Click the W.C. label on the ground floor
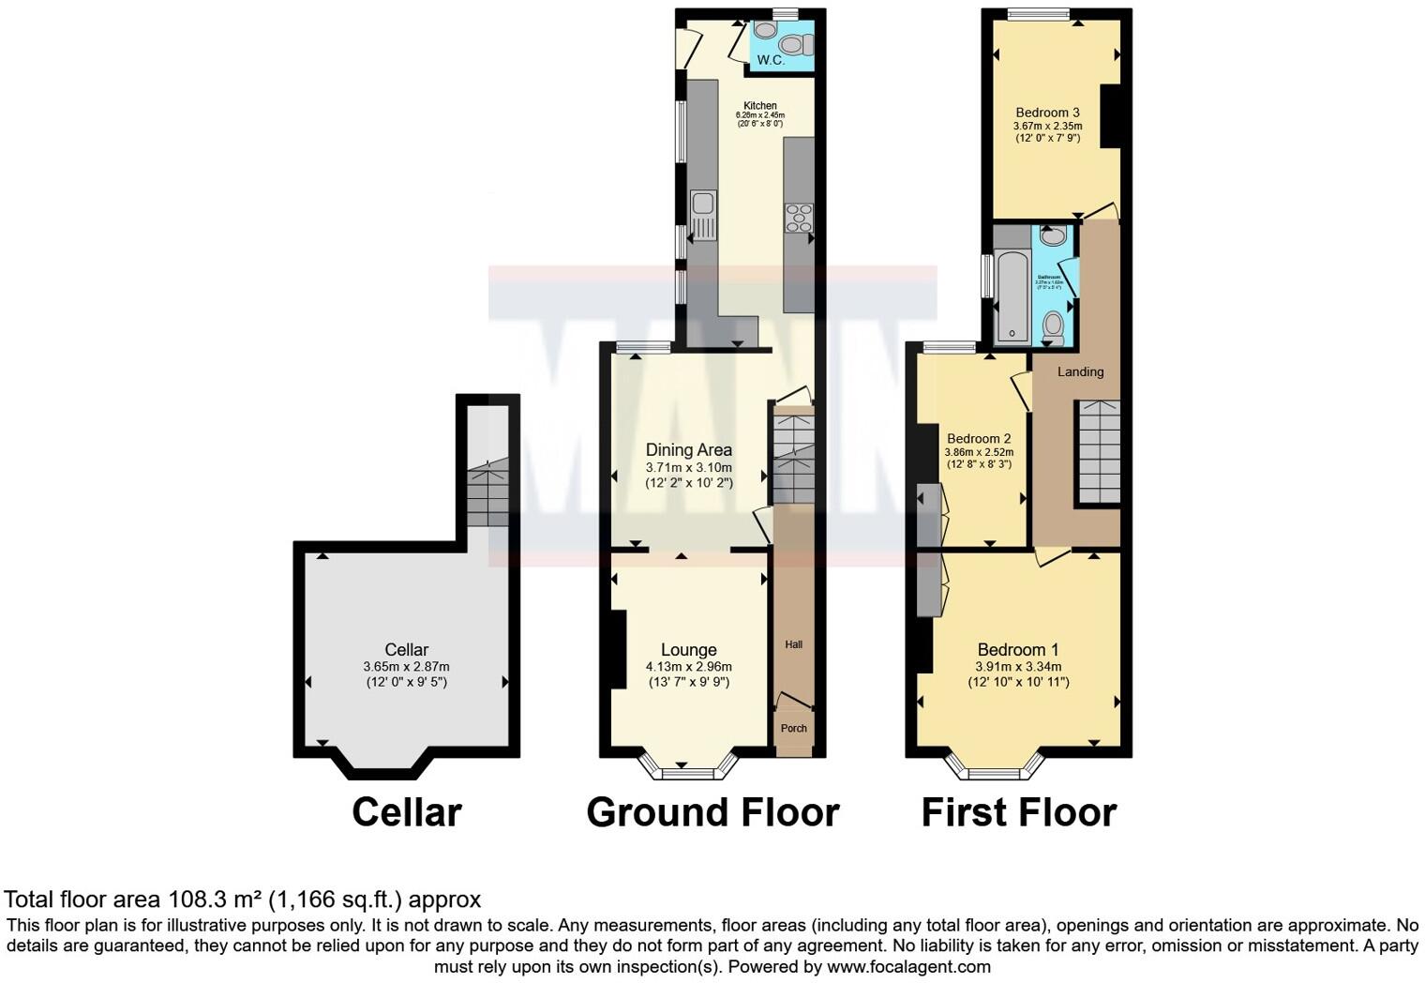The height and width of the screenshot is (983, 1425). pyautogui.click(x=771, y=60)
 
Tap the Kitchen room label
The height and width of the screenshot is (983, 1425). pyautogui.click(x=760, y=106)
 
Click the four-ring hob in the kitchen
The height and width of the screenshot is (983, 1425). pyautogui.click(x=799, y=218)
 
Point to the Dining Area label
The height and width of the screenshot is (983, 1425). pyautogui.click(x=688, y=450)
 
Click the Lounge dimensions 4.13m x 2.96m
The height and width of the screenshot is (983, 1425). pyautogui.click(x=688, y=667)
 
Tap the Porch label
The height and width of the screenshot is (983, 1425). pyautogui.click(x=793, y=728)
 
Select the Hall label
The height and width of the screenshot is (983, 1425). pyautogui.click(x=793, y=644)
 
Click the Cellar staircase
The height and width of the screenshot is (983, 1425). pyautogui.click(x=487, y=492)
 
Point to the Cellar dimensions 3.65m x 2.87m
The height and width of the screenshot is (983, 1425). pyautogui.click(x=406, y=667)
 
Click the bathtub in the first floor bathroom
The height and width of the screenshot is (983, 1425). pyautogui.click(x=1012, y=295)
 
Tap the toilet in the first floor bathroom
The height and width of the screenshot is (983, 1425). pyautogui.click(x=1054, y=326)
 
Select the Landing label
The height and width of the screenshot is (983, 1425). pyautogui.click(x=1080, y=371)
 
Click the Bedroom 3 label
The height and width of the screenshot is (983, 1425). pyautogui.click(x=1047, y=113)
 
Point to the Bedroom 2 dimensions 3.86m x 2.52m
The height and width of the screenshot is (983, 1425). pyautogui.click(x=979, y=452)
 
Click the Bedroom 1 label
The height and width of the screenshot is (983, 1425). pyautogui.click(x=1017, y=649)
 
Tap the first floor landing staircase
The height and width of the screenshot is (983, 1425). pyautogui.click(x=1098, y=451)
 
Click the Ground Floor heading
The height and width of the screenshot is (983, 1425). pyautogui.click(x=712, y=812)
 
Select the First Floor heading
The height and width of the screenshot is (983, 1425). pyautogui.click(x=1018, y=812)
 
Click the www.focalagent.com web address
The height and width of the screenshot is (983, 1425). pyautogui.click(x=908, y=966)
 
